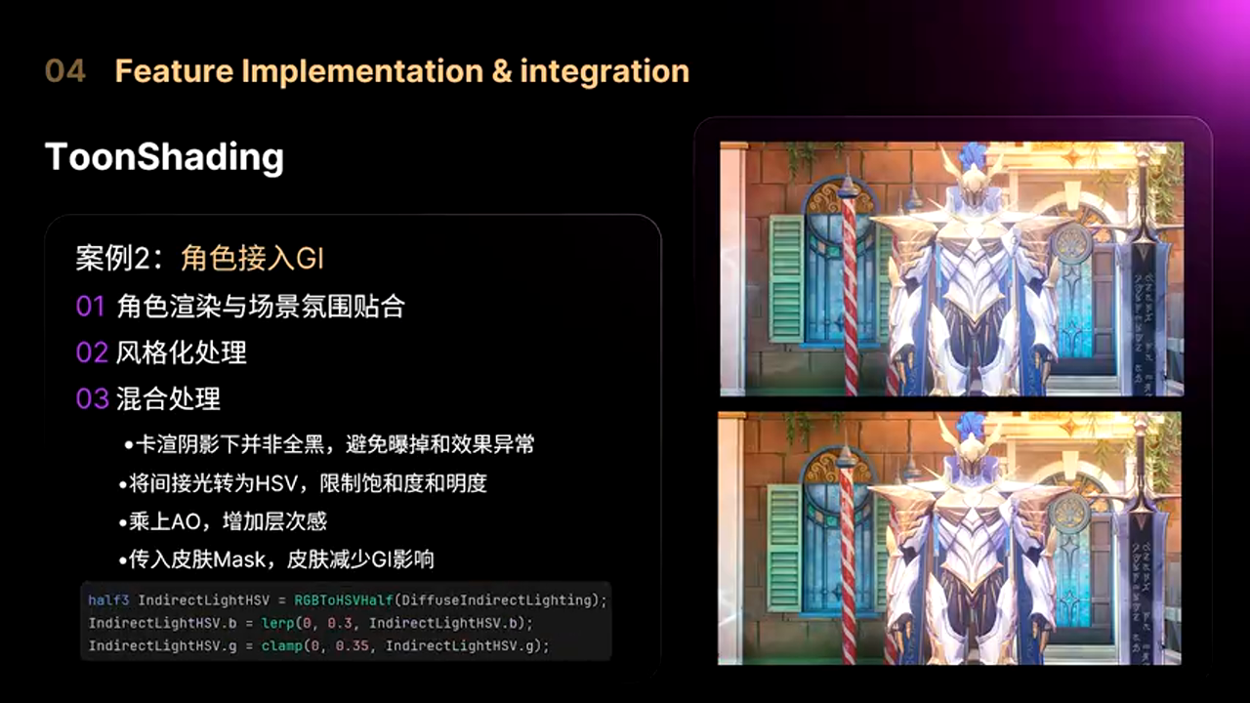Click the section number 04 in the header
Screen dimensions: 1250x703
click(65, 71)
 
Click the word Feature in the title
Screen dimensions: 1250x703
click(174, 71)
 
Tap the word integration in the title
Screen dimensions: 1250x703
click(604, 72)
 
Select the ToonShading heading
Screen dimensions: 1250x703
click(164, 157)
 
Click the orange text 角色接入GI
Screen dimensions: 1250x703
click(252, 259)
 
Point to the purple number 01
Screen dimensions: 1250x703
click(91, 307)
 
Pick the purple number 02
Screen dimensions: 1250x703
click(92, 353)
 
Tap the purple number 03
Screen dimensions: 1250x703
click(92, 399)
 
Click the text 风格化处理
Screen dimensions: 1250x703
click(181, 352)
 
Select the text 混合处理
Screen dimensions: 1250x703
click(168, 399)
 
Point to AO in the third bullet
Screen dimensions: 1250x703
click(186, 521)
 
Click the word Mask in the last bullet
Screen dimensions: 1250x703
click(239, 559)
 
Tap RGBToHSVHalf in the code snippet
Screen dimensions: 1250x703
click(344, 600)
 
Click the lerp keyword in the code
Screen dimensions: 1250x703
click(277, 623)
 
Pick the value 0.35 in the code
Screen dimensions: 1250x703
click(353, 646)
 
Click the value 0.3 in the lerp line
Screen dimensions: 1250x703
click(340, 623)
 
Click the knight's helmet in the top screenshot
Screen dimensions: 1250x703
click(972, 178)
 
